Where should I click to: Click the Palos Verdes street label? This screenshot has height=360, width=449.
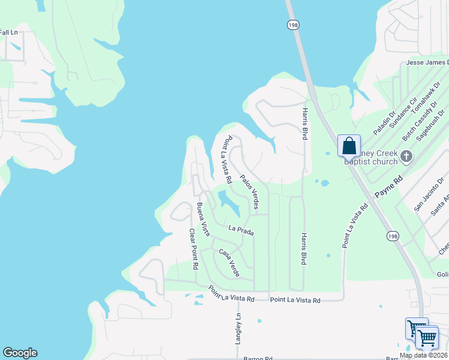coord(249,193)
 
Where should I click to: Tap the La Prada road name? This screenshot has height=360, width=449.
coord(241,229)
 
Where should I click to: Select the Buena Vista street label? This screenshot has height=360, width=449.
coord(203,220)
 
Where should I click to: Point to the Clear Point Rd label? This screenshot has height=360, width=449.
coord(193,248)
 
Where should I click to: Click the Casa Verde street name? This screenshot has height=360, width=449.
coord(229,263)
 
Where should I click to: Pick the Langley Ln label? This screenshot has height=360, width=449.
coord(238,329)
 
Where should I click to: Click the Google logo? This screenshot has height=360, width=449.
coord(20,353)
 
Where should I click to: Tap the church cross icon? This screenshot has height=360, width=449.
coord(406,157)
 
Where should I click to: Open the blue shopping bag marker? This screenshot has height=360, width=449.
coord(349,146)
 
